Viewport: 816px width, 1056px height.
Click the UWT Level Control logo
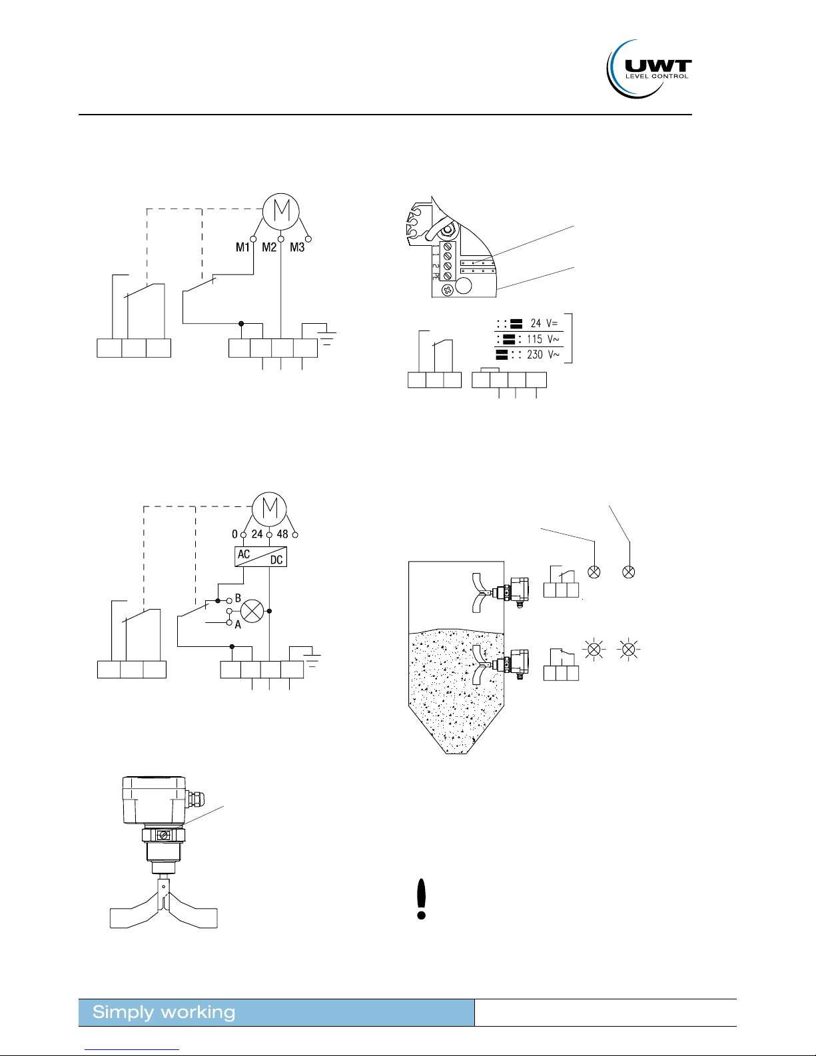pos(649,69)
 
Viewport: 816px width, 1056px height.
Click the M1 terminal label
pos(242,247)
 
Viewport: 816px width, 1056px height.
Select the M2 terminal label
pos(269,247)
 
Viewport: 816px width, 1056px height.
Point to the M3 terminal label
pos(297,247)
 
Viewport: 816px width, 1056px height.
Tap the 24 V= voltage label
pos(544,323)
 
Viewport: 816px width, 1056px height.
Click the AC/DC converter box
pos(261,556)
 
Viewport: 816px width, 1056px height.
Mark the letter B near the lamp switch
pos(238,598)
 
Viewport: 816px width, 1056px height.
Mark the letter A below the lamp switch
pos(238,625)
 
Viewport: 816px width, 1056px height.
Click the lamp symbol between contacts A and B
pos(252,612)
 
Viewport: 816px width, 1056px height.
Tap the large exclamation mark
pos(422,899)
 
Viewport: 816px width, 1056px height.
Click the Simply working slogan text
pos(164,1012)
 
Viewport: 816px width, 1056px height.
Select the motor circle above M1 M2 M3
pos(280,211)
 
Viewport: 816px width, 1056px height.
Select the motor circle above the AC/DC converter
pos(269,509)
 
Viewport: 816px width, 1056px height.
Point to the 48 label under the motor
pos(282,534)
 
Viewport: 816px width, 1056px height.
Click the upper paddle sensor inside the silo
pos(500,592)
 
